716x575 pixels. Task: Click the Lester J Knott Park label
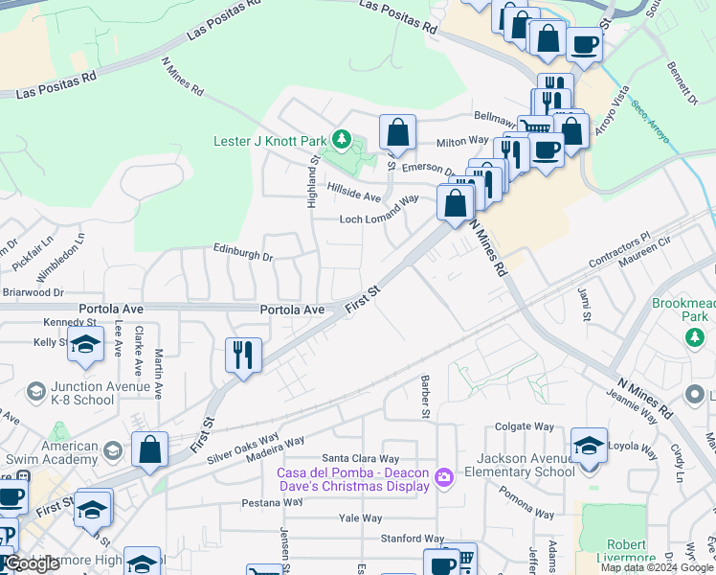269,141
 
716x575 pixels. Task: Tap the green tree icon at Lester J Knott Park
342,141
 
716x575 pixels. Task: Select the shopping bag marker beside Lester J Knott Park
396,133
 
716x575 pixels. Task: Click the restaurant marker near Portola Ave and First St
243,355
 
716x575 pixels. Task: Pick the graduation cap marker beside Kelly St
86,345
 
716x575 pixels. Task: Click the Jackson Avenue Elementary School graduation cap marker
588,446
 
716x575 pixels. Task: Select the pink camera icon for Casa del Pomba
443,476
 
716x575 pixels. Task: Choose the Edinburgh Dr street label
243,257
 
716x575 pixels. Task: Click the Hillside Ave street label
354,193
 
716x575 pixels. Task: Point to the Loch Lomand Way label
380,218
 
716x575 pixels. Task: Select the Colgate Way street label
525,426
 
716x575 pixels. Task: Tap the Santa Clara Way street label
360,459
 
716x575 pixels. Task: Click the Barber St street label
422,396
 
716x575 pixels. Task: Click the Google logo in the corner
32,563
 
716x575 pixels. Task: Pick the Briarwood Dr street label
32,292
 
